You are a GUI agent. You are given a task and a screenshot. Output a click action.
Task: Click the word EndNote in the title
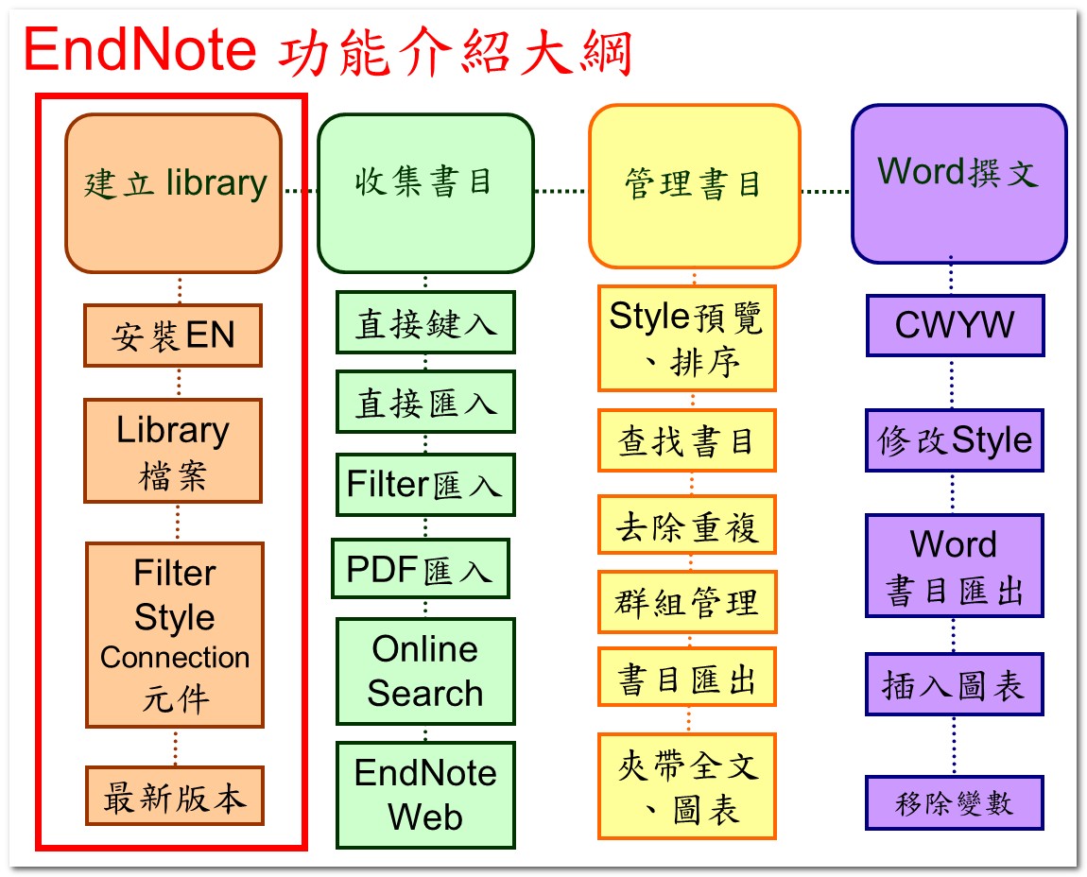[140, 49]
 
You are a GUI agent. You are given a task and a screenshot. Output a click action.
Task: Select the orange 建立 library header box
[173, 193]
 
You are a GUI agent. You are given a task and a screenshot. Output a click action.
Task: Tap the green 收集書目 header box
[425, 193]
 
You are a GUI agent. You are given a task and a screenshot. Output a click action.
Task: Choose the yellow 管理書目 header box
[695, 186]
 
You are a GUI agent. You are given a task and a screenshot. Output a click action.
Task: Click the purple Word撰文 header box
[959, 183]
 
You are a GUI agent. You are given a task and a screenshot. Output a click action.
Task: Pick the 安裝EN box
[173, 335]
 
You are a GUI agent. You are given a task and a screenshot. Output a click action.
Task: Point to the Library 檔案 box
[173, 451]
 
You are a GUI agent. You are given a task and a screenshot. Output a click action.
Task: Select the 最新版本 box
[175, 796]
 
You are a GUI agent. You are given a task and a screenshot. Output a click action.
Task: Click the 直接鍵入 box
[425, 322]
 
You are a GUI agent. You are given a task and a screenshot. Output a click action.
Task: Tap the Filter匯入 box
[425, 485]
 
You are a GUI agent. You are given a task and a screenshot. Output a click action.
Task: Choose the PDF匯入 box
[420, 569]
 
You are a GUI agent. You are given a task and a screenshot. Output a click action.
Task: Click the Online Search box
[425, 671]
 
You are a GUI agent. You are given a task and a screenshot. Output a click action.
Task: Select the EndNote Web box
[425, 795]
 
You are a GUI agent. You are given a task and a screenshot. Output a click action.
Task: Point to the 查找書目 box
[687, 440]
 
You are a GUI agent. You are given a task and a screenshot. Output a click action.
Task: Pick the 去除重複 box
[687, 524]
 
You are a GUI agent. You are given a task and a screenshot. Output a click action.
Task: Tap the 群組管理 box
[687, 602]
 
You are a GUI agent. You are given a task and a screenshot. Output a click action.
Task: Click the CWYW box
[956, 325]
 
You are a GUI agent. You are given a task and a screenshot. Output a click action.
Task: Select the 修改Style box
[955, 440]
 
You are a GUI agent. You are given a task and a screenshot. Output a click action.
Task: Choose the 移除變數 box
[955, 803]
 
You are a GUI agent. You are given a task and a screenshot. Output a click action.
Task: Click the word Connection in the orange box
[175, 657]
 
